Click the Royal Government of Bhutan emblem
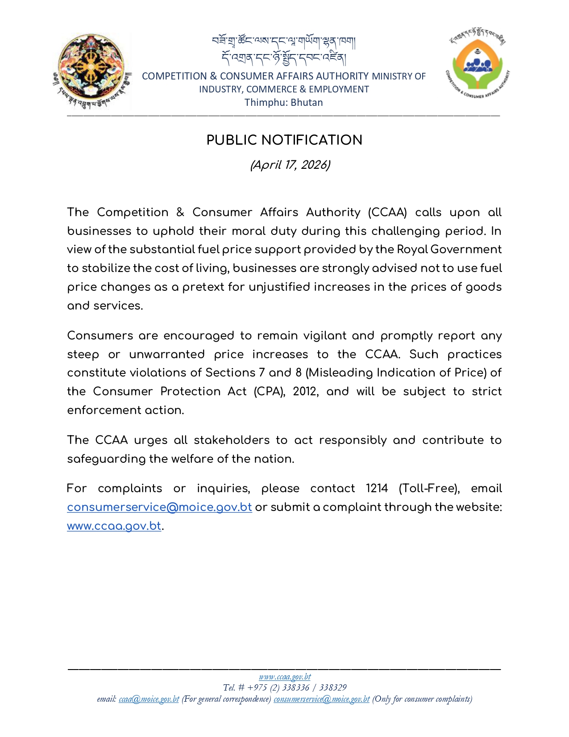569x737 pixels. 92,71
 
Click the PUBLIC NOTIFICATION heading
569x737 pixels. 284,140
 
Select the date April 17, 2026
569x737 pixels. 290,165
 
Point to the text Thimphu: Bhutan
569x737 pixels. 283,102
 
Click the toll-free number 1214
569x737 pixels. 377,488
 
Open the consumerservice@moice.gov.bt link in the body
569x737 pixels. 159,507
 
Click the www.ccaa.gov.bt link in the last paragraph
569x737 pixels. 114,526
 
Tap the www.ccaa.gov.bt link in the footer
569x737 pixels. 285,677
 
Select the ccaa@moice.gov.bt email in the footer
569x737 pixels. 149,699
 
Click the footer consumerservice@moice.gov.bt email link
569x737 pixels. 321,699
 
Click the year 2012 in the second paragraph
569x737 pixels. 305,392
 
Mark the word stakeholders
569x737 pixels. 232,440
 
